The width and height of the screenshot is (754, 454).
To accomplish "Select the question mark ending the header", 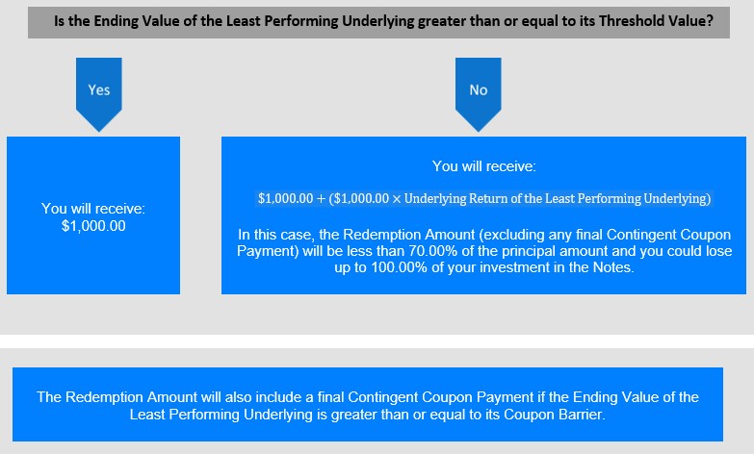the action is point(711,21).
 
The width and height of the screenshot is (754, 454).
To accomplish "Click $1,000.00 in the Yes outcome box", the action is point(93,226).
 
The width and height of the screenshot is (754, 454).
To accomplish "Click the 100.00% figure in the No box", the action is point(399,267).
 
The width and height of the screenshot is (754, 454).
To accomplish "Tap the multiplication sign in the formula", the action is point(396,199).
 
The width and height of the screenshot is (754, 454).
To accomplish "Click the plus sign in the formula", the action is point(321,199).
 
